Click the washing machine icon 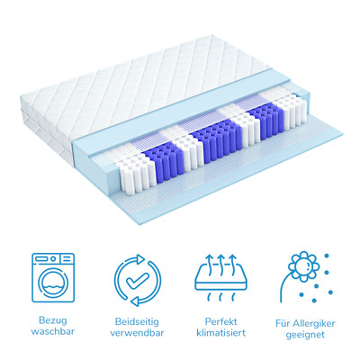click(53, 278)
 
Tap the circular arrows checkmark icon click(138, 280)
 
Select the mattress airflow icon click(220, 278)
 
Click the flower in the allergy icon click(302, 265)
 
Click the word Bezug click(53, 320)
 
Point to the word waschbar click(53, 331)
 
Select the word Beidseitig click(137, 322)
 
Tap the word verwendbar click(137, 333)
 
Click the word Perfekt click(220, 321)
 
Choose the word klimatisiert click(220, 333)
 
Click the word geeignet click(305, 335)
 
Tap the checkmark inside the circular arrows click(138, 280)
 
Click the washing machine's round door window click(53, 284)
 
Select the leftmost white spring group click(137, 174)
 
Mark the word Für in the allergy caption click(283, 323)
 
